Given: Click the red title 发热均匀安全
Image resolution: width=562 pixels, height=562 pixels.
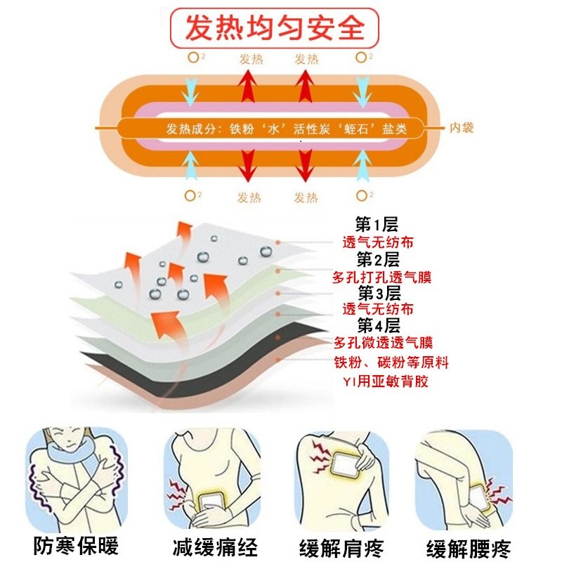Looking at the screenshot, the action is [x=275, y=29].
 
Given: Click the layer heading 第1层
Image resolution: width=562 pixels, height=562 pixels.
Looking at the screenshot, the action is [x=377, y=225].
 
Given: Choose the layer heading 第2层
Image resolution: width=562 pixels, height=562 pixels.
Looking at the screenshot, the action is [x=377, y=259].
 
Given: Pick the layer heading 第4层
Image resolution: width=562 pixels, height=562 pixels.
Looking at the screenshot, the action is [x=379, y=325].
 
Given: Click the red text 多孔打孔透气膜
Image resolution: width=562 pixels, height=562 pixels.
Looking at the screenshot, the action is [x=381, y=276].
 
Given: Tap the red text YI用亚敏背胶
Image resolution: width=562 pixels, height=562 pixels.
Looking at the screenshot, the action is [x=383, y=381].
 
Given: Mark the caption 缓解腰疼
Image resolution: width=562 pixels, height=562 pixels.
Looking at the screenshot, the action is [x=469, y=546].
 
